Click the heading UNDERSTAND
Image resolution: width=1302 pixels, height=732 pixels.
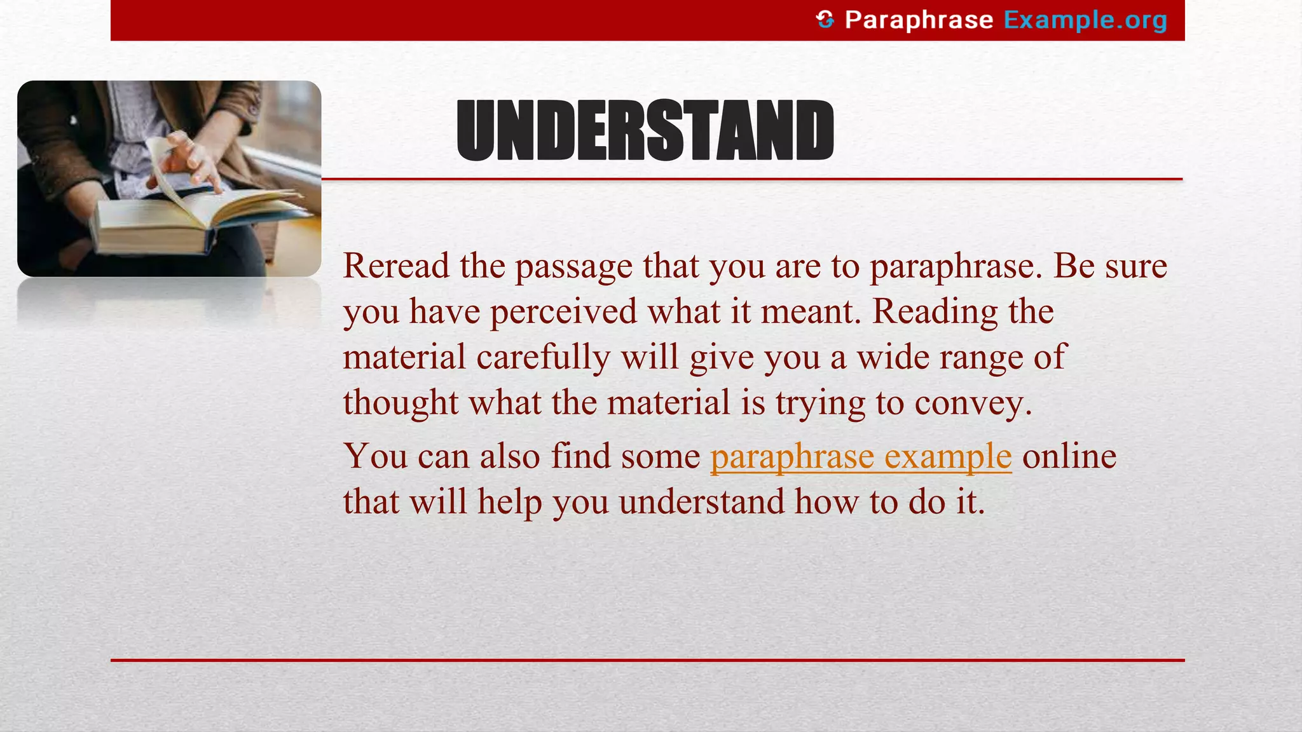tap(645, 131)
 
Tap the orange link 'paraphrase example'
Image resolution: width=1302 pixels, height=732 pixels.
tap(861, 456)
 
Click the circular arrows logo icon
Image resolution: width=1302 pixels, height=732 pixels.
tap(825, 20)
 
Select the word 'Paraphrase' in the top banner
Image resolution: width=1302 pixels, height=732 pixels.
tap(919, 20)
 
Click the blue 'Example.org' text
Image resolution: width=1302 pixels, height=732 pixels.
tap(1085, 20)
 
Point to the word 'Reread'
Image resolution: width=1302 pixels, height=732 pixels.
tap(396, 266)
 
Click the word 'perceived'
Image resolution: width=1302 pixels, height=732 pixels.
tap(563, 312)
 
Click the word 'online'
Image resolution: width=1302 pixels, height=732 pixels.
tap(1069, 456)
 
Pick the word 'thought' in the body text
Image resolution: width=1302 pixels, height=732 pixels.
tap(401, 403)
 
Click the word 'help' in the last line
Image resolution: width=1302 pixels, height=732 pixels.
tap(510, 502)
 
